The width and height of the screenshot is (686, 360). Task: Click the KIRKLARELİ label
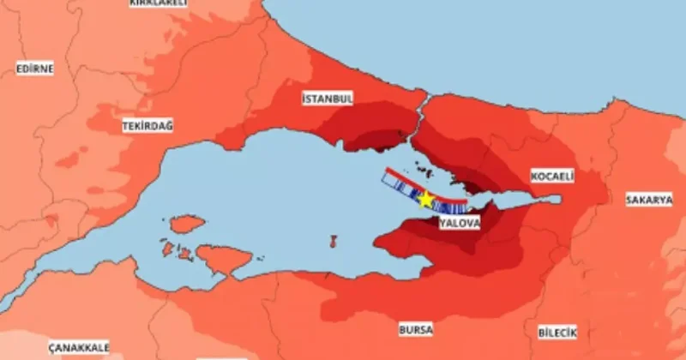[x=158, y=3]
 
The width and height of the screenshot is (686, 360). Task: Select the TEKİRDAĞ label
[x=147, y=126]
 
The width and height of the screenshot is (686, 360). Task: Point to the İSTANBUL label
[x=328, y=99]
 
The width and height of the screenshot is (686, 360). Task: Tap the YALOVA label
[x=459, y=223]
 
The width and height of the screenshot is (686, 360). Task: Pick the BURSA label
[x=416, y=329]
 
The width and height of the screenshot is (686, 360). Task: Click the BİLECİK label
[x=558, y=332]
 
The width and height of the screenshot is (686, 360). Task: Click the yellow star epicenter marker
[x=426, y=199]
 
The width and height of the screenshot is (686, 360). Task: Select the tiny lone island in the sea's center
[x=331, y=242]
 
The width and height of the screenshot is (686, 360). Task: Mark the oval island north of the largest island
[x=187, y=225]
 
